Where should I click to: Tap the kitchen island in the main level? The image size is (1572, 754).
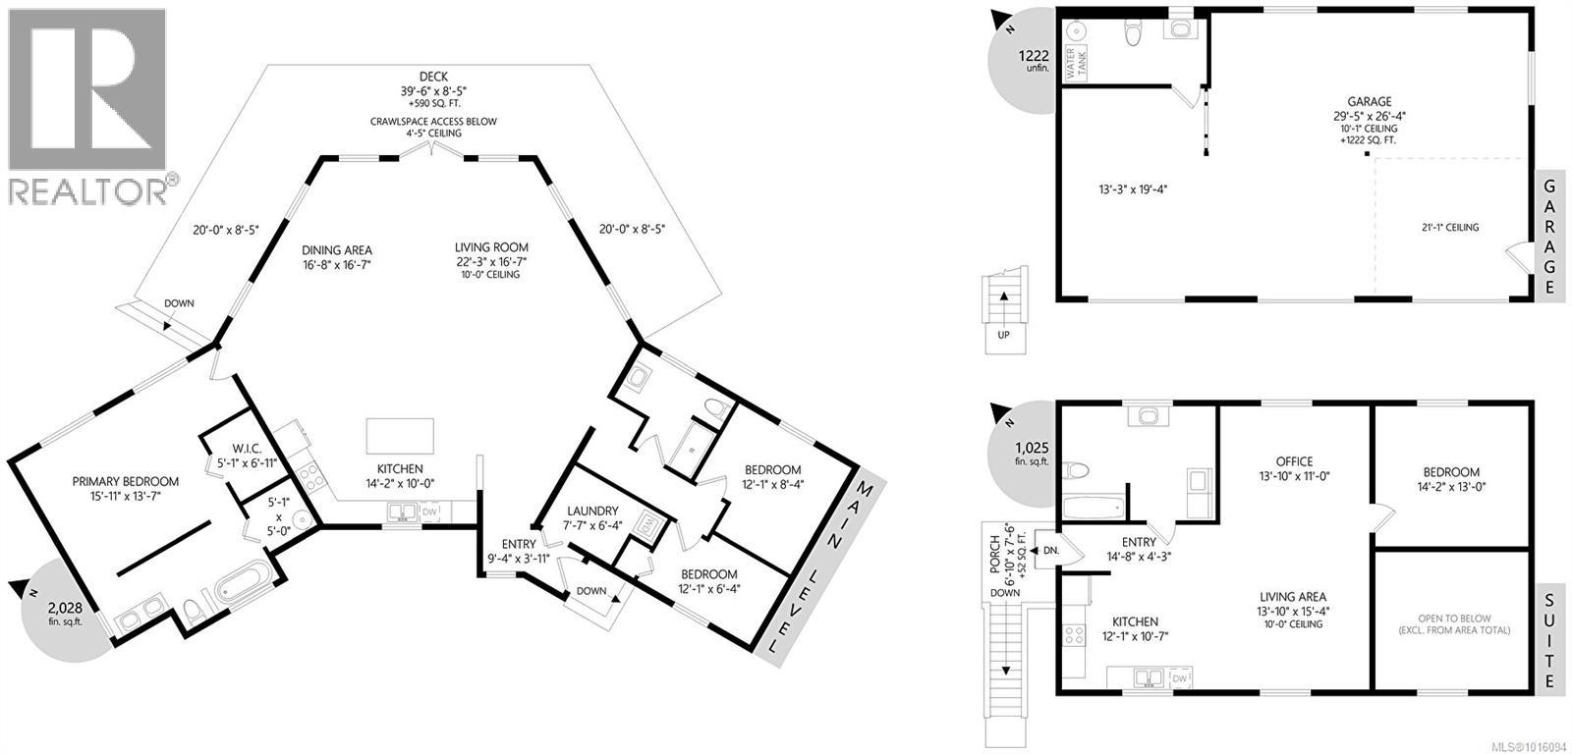pos(400,433)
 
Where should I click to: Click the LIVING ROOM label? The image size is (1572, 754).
pos(491,247)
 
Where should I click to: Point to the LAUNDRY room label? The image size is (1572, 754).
pos(592,511)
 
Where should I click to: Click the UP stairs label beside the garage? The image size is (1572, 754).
pos(1003,335)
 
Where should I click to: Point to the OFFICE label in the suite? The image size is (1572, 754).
pos(1294,461)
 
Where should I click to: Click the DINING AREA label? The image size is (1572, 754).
pos(337,250)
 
